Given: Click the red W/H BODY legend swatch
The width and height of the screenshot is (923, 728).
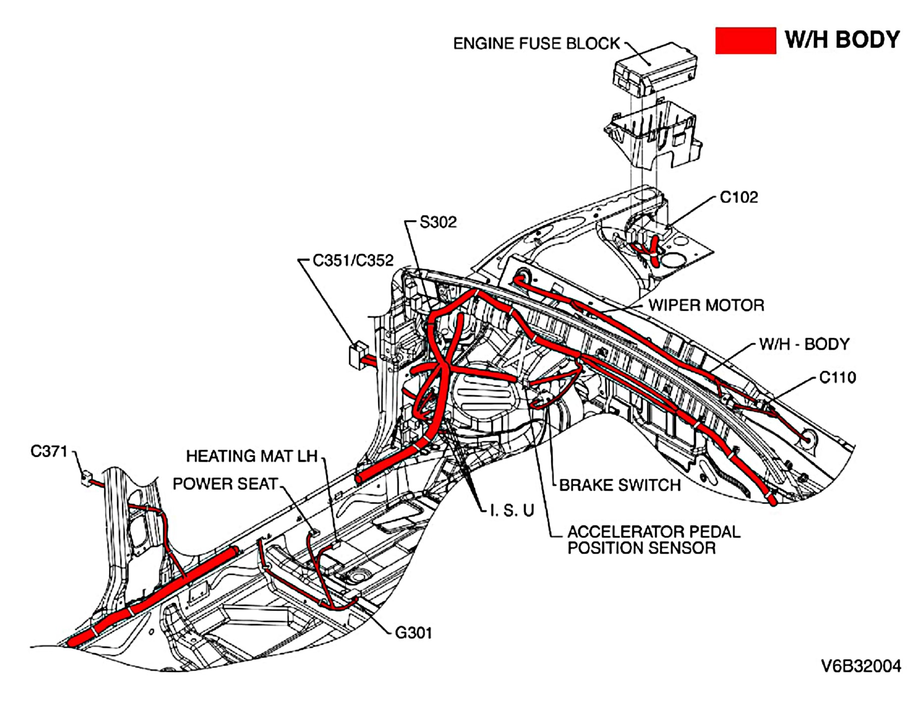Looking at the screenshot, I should click(745, 41).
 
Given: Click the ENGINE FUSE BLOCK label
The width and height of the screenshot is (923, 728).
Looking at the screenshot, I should click(536, 44).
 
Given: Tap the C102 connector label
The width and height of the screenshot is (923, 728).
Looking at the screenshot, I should click(738, 197).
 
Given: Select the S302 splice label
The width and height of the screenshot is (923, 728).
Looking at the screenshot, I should click(438, 222).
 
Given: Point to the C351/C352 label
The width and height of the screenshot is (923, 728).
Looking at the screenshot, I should click(353, 260).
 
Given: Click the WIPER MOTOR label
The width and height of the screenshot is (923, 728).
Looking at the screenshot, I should click(706, 305).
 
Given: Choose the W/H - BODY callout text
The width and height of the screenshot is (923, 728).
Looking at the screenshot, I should click(804, 344).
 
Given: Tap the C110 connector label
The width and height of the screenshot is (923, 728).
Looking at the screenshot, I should click(837, 378).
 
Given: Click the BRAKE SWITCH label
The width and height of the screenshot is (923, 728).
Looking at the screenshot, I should click(619, 485).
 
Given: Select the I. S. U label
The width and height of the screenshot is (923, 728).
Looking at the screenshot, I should click(512, 510).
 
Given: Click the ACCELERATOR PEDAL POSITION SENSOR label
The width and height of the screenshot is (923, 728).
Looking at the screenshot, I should click(653, 540).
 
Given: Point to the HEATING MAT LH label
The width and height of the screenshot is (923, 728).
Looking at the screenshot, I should click(252, 456).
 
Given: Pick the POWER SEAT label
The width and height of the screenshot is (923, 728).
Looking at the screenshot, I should click(225, 484).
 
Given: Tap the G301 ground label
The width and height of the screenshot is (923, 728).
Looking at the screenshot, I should click(413, 633).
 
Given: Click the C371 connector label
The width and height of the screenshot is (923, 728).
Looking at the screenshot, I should click(49, 451).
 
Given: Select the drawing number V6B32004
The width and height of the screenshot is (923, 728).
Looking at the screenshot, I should click(861, 666).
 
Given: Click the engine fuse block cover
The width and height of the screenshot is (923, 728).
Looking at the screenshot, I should click(655, 68).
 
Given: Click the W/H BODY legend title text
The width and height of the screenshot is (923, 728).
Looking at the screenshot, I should click(842, 40).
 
